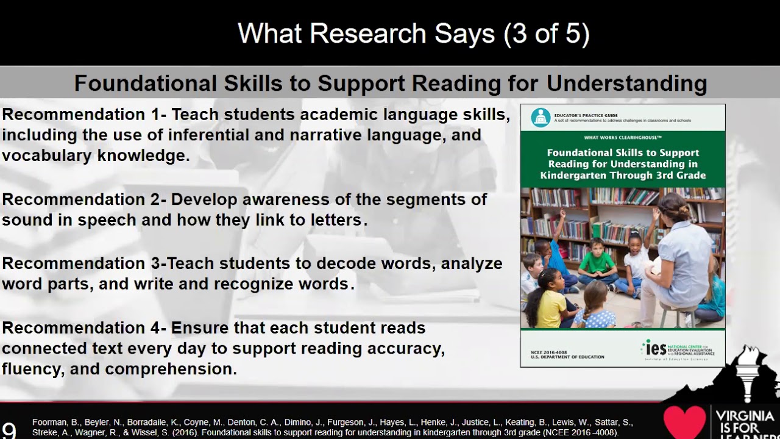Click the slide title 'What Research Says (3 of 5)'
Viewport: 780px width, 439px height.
[414, 34]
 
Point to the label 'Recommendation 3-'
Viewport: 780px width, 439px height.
[82, 263]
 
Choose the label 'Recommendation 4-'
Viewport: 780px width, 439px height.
[84, 328]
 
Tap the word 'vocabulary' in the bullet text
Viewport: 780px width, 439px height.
[50, 155]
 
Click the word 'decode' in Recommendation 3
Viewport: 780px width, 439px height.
[342, 263]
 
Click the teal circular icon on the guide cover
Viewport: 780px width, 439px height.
[540, 117]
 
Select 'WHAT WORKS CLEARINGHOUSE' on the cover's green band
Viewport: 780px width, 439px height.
[622, 137]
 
